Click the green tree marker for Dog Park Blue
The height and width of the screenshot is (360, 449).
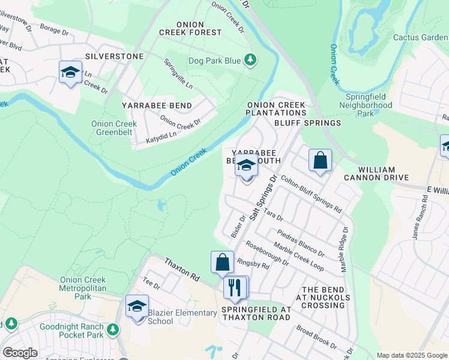pyautogui.click(x=251, y=61)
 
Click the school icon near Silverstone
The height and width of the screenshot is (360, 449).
pyautogui.click(x=71, y=73)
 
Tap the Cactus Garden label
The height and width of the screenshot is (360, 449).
pyautogui.click(x=420, y=37)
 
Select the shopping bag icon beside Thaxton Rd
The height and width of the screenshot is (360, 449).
pyautogui.click(x=222, y=262)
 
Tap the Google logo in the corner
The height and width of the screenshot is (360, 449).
pyautogui.click(x=20, y=353)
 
